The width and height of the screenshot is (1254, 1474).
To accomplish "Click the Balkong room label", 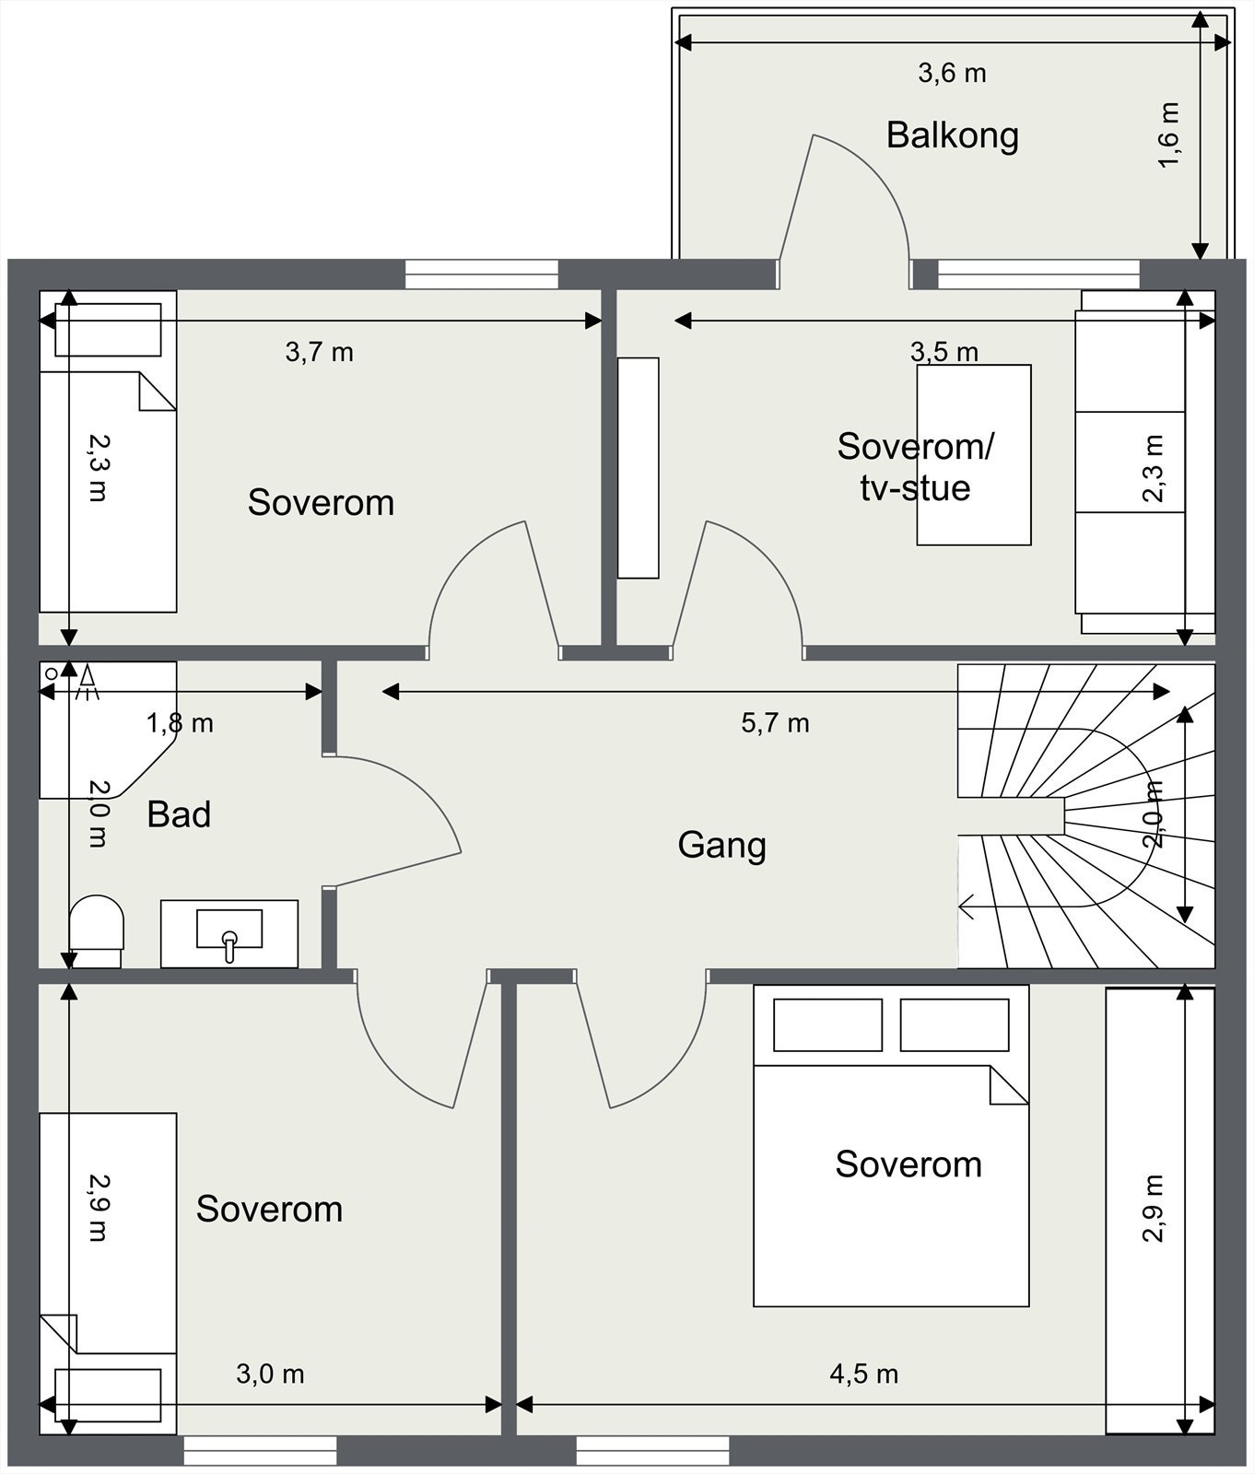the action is pyautogui.click(x=953, y=135).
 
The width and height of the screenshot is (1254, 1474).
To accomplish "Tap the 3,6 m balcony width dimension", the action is pyautogui.click(x=952, y=73).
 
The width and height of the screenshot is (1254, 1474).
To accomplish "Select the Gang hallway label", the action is pyautogui.click(x=721, y=845).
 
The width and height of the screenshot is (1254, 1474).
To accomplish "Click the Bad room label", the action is pyautogui.click(x=179, y=814).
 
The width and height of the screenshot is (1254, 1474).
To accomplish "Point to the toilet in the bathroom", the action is pyautogui.click(x=96, y=931).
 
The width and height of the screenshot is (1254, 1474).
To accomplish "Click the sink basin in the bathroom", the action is pyautogui.click(x=229, y=929).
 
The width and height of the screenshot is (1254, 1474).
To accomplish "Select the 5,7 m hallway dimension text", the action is pyautogui.click(x=775, y=723).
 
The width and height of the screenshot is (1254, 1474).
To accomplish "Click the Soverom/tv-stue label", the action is pyautogui.click(x=915, y=467).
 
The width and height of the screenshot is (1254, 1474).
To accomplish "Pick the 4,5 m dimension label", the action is pyautogui.click(x=863, y=1375).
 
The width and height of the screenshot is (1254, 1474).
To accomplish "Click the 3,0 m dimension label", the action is pyautogui.click(x=270, y=1375).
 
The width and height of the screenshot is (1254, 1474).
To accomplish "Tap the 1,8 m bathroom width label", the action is pyautogui.click(x=180, y=723).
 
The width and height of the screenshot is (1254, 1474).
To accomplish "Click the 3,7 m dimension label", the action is pyautogui.click(x=319, y=352).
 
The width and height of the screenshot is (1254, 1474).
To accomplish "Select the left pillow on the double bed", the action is pyautogui.click(x=827, y=1024).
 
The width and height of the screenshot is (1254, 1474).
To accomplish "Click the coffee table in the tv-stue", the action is pyautogui.click(x=974, y=455).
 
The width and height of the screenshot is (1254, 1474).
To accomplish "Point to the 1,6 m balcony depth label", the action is pyautogui.click(x=1167, y=135).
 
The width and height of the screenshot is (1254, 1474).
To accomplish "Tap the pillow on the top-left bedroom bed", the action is pyautogui.click(x=108, y=329).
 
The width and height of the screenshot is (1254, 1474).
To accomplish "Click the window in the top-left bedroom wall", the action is pyautogui.click(x=482, y=275).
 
